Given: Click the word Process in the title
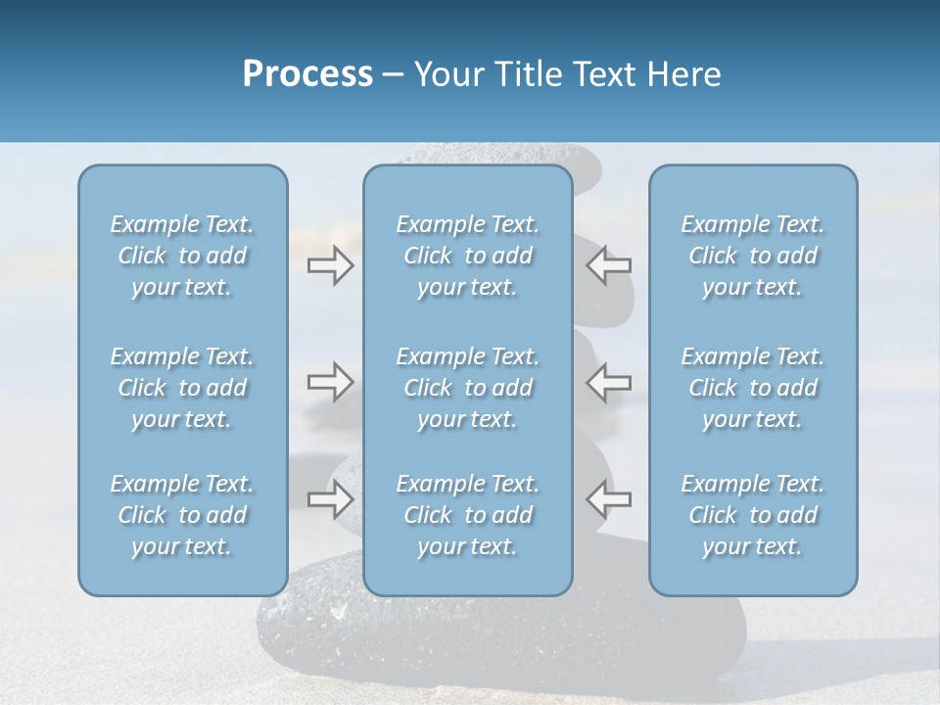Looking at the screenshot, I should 307,74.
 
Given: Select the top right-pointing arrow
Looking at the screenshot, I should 330,264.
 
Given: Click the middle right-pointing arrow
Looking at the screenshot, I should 330,382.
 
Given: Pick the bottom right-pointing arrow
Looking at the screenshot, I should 330,499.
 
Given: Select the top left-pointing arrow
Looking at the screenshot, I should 609,264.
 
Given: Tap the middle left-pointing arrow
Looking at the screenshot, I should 609,382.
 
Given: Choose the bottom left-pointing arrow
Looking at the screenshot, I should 609,499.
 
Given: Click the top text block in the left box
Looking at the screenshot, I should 182,256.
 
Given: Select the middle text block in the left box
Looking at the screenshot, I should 182,388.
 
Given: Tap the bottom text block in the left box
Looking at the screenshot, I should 182,515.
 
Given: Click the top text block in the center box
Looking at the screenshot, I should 468,256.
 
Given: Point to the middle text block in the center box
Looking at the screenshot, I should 468,388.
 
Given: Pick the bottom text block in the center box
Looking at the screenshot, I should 468,515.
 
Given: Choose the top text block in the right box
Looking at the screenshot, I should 753,256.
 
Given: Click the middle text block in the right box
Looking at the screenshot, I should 753,388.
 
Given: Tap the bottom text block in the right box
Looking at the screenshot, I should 753,515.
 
